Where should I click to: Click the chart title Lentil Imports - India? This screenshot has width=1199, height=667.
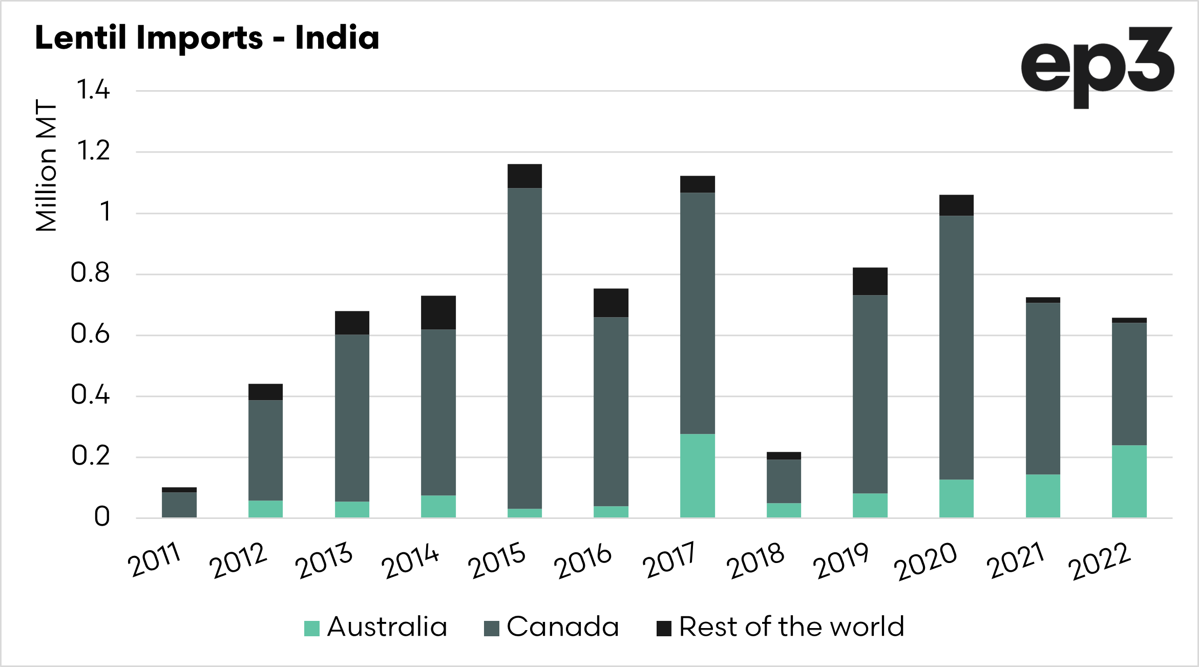point(207,38)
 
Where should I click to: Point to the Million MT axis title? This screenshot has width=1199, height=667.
point(46,165)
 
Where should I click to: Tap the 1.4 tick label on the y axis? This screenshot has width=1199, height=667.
point(93,90)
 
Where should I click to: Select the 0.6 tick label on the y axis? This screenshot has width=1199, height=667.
point(90,334)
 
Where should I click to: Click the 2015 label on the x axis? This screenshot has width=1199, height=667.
point(496,560)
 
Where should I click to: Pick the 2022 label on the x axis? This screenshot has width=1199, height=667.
point(1099,561)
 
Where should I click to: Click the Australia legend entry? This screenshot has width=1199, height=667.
point(376,627)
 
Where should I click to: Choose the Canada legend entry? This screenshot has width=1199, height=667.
point(552,627)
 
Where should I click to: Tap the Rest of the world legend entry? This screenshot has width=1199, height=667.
point(781,627)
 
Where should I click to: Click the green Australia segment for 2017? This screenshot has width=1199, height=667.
point(697,475)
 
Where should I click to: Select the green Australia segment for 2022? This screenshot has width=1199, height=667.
point(1129,481)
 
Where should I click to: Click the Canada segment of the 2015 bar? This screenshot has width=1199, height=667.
point(524,348)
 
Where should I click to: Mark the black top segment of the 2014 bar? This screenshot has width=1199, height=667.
point(438,312)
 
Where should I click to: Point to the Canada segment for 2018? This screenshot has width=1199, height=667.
point(784,481)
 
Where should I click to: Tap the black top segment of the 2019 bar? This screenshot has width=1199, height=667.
point(870,281)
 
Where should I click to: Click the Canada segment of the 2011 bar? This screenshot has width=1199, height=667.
point(179,504)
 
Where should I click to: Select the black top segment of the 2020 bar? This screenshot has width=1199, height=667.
point(956,205)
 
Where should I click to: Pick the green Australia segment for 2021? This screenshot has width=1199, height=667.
point(1043,495)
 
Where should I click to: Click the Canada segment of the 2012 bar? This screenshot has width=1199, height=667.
point(265,450)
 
